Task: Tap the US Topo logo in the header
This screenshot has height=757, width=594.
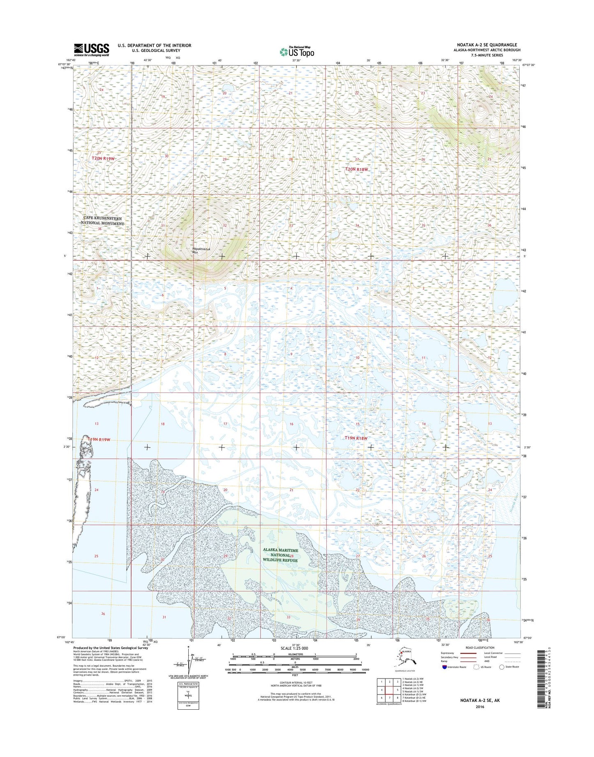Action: click(x=297, y=52)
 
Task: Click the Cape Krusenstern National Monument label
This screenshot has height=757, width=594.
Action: click(x=102, y=221)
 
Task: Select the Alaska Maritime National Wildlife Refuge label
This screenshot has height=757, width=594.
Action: click(x=281, y=555)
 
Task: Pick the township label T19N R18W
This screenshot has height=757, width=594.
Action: click(x=356, y=438)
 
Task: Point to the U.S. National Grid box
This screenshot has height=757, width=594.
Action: click(x=189, y=697)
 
